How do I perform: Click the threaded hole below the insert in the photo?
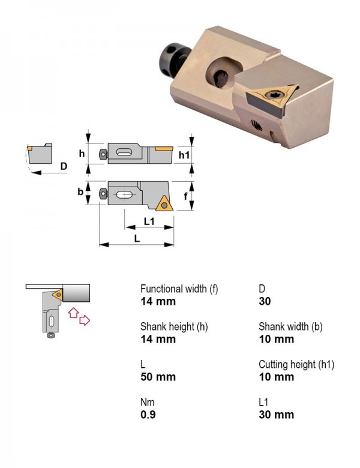click(x=256, y=125)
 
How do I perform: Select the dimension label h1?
click(x=184, y=155)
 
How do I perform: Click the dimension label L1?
click(x=149, y=221)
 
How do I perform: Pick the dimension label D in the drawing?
click(x=64, y=166)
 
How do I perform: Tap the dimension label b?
click(x=80, y=191)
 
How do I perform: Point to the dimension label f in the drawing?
click(x=185, y=196)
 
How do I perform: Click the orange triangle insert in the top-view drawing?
click(x=163, y=204)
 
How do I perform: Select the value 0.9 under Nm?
click(x=148, y=415)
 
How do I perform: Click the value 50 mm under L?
click(x=158, y=377)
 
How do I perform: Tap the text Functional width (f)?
click(x=179, y=289)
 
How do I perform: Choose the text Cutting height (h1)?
click(x=296, y=364)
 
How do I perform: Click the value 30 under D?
click(x=265, y=301)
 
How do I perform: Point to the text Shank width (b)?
click(x=291, y=326)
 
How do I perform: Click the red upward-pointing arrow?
click(x=73, y=313)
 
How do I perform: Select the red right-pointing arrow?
click(x=85, y=320)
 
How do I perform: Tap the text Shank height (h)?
click(x=174, y=326)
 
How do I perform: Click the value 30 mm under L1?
click(x=277, y=415)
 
